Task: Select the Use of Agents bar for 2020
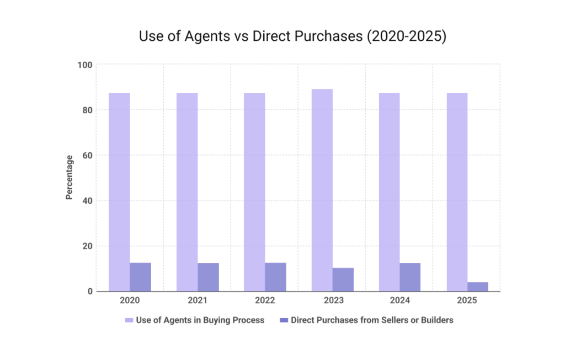tap(119, 192)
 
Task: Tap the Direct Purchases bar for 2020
tap(140, 277)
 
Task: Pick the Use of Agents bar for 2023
tap(322, 190)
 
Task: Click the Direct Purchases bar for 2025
tap(478, 287)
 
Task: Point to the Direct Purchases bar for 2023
tap(343, 279)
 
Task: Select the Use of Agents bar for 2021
tap(187, 192)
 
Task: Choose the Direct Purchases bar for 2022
tap(275, 277)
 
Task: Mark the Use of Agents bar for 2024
tap(390, 192)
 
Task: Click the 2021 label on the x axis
tap(198, 301)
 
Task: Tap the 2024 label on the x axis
tap(400, 301)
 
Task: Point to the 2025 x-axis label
tap(467, 301)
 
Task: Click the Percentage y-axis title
tap(70, 178)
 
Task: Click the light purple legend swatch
tap(129, 320)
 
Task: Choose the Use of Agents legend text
tap(200, 320)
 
